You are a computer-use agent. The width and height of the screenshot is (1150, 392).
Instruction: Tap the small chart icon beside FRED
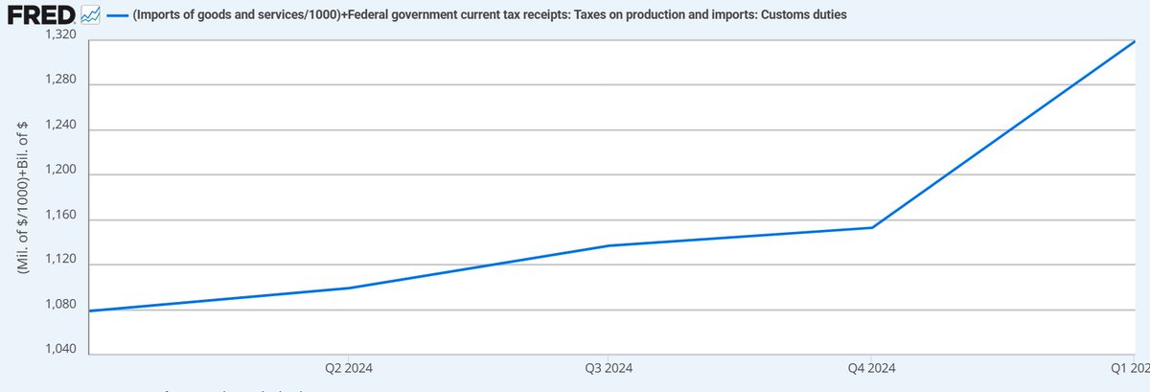click(x=91, y=15)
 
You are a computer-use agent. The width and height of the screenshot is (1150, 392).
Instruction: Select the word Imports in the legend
click(x=162, y=16)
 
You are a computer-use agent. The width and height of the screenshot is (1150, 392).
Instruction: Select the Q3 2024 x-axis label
click(x=609, y=367)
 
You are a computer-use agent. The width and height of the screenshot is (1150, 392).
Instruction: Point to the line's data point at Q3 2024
click(x=609, y=245)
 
